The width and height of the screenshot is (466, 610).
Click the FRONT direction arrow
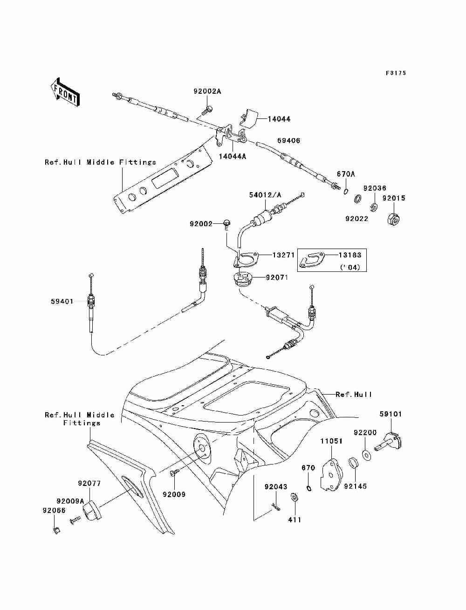tap(65, 92)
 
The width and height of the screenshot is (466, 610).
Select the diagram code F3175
tap(396, 73)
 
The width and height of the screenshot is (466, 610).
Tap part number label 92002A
tap(207, 91)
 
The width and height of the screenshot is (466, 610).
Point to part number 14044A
tap(233, 156)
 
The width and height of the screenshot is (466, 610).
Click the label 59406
tap(288, 141)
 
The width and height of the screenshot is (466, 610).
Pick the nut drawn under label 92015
tap(393, 220)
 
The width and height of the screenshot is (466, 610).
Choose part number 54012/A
tap(265, 195)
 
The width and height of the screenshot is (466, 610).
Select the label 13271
tap(283, 255)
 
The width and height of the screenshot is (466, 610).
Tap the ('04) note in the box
tap(350, 267)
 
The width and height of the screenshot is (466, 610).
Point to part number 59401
tap(62, 301)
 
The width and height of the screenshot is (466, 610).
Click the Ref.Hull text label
tap(354, 395)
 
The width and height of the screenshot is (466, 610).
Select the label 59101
tap(391, 422)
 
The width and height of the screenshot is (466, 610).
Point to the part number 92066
tap(54, 511)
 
